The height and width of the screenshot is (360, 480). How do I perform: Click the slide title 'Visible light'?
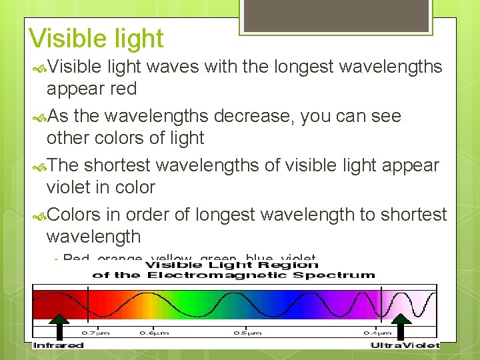(x=96, y=39)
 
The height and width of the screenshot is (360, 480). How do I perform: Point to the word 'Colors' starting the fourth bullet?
(x=73, y=215)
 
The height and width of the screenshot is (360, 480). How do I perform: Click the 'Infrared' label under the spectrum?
(x=59, y=345)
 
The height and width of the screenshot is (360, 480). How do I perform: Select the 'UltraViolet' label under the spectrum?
(x=405, y=345)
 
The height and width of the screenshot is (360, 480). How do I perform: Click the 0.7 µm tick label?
(x=92, y=333)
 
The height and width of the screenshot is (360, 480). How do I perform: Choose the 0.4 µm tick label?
(x=377, y=333)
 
